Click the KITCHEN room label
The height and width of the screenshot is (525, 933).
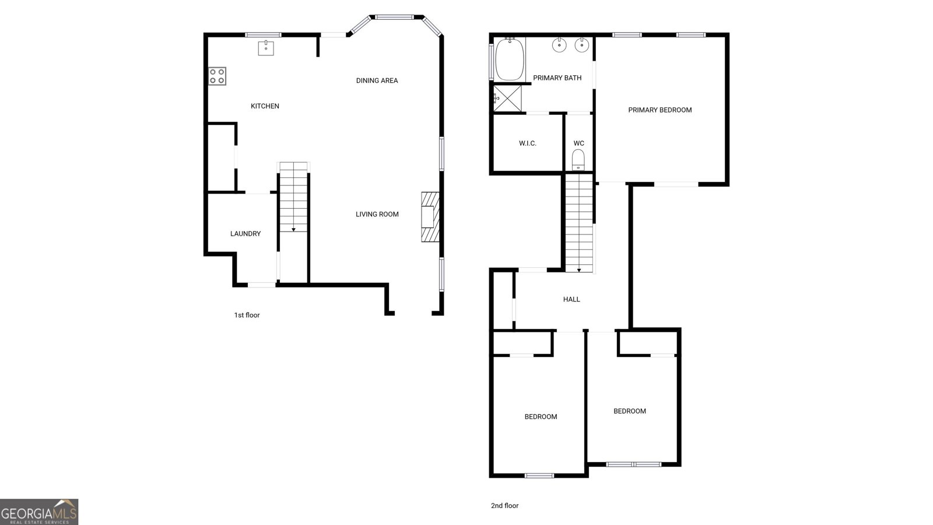click(x=265, y=106)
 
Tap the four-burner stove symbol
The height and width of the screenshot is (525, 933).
click(x=218, y=76)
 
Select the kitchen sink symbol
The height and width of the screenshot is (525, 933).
click(x=266, y=47)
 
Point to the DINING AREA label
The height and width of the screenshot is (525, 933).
click(x=377, y=80)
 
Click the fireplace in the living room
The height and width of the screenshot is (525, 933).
click(x=430, y=216)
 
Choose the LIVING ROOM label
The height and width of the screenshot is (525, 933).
click(x=377, y=214)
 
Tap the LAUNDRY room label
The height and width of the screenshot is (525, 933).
click(x=245, y=234)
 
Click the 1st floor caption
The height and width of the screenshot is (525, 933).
click(x=247, y=315)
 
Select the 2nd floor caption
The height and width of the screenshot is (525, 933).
click(x=504, y=506)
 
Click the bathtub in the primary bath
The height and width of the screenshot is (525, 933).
click(x=510, y=59)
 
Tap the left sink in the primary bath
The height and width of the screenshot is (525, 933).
click(x=559, y=44)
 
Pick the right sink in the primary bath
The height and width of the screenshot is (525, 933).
click(x=581, y=44)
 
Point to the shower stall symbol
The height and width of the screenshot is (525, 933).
click(x=507, y=97)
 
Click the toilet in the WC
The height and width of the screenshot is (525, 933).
click(x=578, y=159)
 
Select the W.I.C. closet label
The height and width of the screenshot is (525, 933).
click(x=528, y=143)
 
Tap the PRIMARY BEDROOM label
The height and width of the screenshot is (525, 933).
click(x=660, y=110)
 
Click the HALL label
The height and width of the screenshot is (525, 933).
click(x=571, y=299)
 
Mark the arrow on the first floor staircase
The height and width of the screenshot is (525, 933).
click(x=293, y=229)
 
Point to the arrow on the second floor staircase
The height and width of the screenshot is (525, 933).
click(x=579, y=269)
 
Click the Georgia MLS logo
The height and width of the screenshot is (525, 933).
click(x=39, y=512)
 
